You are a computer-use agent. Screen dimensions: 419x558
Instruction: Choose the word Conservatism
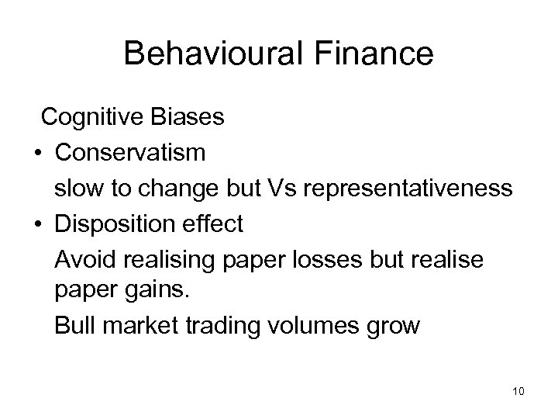pos(130,153)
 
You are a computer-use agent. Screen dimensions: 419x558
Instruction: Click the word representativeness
pos(412,189)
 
